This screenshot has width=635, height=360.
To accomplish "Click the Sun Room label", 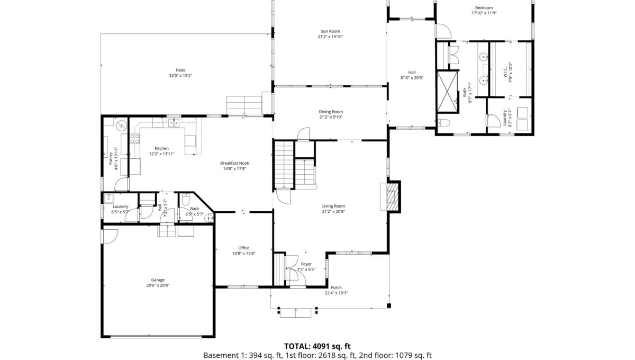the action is pyautogui.click(x=330, y=31).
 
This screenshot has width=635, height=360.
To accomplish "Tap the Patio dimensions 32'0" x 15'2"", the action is pyautogui.click(x=180, y=76).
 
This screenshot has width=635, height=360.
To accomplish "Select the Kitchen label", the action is pyautogui.click(x=161, y=148).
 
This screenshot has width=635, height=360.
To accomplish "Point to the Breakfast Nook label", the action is pyautogui.click(x=234, y=163).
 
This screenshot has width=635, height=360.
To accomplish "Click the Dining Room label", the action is pyautogui.click(x=331, y=112).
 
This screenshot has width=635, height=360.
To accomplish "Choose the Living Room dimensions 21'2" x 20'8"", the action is pyautogui.click(x=333, y=211).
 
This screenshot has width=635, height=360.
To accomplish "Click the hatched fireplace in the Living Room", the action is pyautogui.click(x=393, y=196).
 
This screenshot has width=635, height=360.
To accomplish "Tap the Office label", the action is pyautogui.click(x=244, y=248).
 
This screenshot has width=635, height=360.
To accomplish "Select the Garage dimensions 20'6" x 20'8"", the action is pyautogui.click(x=158, y=285).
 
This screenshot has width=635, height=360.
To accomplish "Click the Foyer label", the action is pyautogui.click(x=306, y=264).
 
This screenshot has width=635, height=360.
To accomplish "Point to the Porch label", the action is pyautogui.click(x=336, y=287).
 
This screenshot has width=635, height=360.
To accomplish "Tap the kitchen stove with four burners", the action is pyautogui.click(x=134, y=139).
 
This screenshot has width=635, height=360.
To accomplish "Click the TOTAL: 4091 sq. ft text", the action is pyautogui.click(x=317, y=346).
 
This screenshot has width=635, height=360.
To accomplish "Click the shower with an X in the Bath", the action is pyautogui.click(x=447, y=92).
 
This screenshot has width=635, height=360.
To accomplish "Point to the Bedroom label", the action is pyautogui.click(x=484, y=7).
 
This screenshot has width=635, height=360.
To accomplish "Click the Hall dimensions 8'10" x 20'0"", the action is pyautogui.click(x=412, y=78).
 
